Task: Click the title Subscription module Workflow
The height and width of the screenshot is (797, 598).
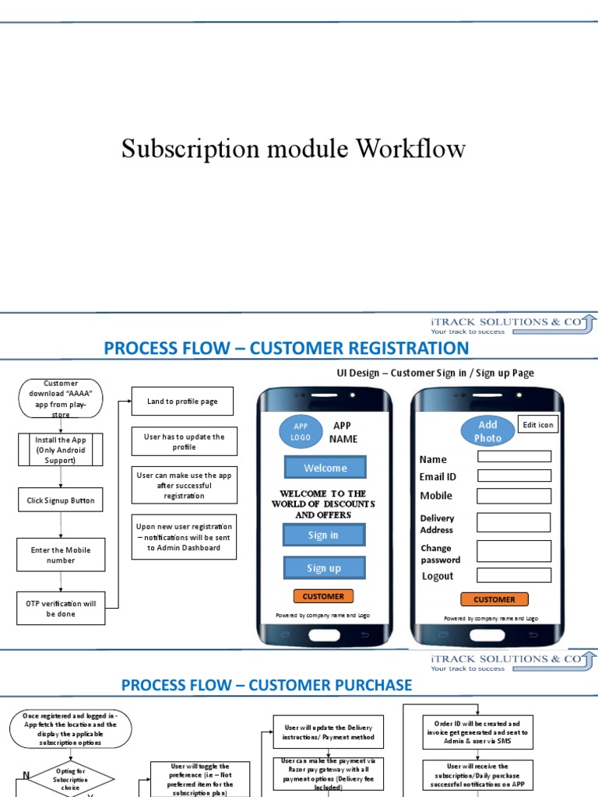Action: click(294, 149)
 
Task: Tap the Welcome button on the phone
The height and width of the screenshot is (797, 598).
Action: click(325, 468)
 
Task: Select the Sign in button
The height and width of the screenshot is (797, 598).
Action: click(324, 535)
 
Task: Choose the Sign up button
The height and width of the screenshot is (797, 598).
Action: click(324, 568)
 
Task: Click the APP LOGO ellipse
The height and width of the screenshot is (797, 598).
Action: click(301, 432)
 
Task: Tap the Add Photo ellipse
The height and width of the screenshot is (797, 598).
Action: click(487, 431)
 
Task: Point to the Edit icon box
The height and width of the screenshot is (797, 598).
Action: click(537, 425)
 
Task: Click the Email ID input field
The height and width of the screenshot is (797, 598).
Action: click(514, 476)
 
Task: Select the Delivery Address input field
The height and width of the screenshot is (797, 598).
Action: click(514, 522)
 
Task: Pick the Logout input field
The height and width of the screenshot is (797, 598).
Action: click(514, 575)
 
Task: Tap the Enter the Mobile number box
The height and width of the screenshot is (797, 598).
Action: click(60, 555)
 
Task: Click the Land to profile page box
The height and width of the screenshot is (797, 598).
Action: click(182, 402)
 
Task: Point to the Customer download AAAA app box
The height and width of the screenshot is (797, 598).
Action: click(61, 398)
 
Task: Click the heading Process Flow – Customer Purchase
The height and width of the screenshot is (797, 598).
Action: click(266, 685)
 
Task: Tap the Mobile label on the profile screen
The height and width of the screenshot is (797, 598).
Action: click(436, 496)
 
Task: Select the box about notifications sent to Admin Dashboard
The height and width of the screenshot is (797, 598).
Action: click(184, 537)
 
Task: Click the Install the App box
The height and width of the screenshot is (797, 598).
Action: click(60, 450)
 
